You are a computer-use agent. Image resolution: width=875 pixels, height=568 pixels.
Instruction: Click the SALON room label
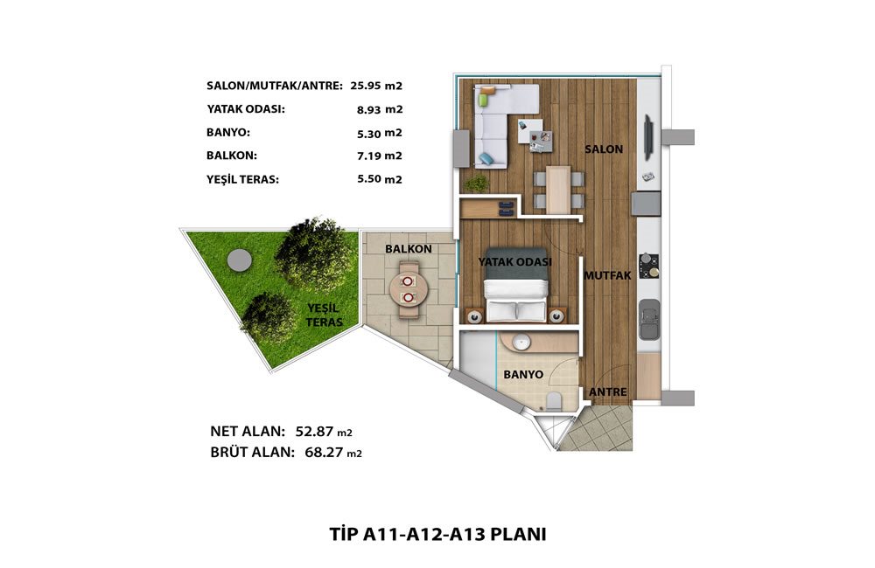click(x=604, y=149)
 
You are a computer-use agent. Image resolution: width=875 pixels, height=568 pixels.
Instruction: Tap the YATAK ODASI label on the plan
click(x=515, y=261)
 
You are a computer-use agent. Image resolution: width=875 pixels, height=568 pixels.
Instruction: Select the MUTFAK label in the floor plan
click(x=607, y=275)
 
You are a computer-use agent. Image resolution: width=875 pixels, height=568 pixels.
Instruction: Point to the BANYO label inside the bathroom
click(x=523, y=375)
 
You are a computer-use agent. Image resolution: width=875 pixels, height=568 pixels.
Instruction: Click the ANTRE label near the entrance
click(x=608, y=391)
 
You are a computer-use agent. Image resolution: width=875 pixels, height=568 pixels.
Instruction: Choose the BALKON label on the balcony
click(x=409, y=249)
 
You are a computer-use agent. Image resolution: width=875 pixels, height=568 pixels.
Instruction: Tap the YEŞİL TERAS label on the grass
click(x=325, y=315)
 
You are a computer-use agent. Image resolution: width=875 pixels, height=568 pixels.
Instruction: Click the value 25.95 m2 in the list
click(x=376, y=86)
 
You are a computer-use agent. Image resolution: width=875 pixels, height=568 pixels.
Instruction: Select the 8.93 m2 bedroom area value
click(x=380, y=110)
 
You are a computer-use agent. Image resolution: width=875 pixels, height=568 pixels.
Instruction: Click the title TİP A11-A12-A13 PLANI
click(x=437, y=534)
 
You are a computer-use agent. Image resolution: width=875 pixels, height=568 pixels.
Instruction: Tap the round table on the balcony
click(x=409, y=289)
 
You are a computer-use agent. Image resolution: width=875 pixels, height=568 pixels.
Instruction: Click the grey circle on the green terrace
click(x=240, y=260)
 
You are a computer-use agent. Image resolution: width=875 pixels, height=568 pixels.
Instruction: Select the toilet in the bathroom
click(x=554, y=401)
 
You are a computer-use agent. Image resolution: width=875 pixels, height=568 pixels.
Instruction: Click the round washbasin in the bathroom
click(x=521, y=343)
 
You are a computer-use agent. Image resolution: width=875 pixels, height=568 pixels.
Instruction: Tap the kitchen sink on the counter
click(x=649, y=320)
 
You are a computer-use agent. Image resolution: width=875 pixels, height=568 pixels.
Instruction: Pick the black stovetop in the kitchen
click(x=649, y=266)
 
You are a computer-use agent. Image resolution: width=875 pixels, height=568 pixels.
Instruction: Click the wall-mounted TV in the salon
click(x=648, y=136)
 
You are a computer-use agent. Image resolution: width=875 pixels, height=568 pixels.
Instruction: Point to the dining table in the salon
click(x=558, y=190)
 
